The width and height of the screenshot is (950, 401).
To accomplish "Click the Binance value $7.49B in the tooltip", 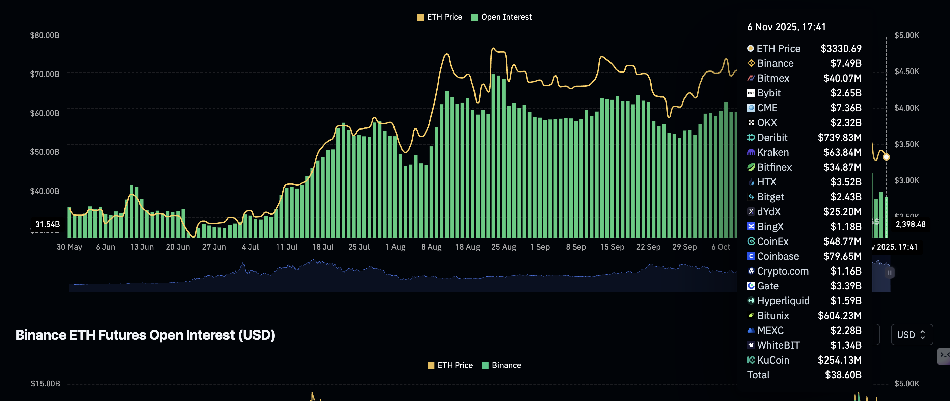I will pos(846,63).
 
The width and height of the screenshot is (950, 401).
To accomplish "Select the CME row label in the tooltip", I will pos(767,108).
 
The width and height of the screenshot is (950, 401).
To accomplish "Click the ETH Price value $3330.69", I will pos(841,48).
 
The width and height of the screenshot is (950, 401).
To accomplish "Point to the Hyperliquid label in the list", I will pos(783,301).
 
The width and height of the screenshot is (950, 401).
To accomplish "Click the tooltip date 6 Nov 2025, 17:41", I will pos(786,27).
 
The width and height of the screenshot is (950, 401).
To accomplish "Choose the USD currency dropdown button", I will pos(911,335).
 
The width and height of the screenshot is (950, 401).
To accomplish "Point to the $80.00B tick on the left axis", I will pos(45,35).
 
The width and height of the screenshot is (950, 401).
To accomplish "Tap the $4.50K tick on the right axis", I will pos(906,71).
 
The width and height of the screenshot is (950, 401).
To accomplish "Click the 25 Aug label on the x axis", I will pos(504,247).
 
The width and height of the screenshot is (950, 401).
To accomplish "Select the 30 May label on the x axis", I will pos(69,247).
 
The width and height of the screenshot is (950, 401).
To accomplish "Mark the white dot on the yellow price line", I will pos(886,157).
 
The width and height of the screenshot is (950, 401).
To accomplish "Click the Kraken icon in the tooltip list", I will pos(751,152).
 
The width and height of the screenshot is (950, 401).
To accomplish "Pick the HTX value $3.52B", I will pos(846,182).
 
